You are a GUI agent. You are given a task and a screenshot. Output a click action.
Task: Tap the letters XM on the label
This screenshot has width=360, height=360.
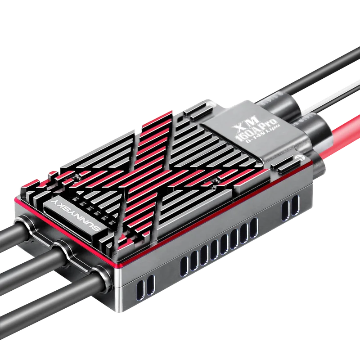[247, 123]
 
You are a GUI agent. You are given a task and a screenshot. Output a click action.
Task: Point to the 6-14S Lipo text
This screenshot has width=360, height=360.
[263, 134]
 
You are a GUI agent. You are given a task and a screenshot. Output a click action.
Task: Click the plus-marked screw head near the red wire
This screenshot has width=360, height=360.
[301, 157]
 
